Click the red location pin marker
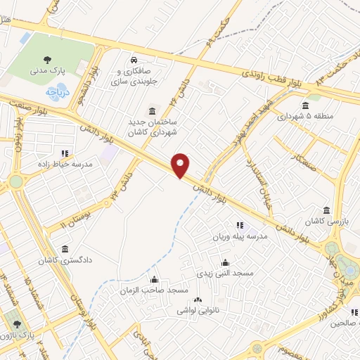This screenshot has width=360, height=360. tap(181, 165)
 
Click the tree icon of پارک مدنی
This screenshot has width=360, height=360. tap(47, 60)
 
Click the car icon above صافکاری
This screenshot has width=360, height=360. tap(133, 60)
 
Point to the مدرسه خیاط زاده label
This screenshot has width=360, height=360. tap(65, 164)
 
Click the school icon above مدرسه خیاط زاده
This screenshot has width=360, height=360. tap(65, 153)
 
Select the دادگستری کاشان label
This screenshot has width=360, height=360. tap(65, 261)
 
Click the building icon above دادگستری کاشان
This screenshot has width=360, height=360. tap(65, 249)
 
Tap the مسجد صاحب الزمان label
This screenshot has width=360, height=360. tap(154, 290)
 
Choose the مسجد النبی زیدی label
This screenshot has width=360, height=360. tap(224, 271)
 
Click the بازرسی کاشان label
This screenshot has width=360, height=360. tap(326, 221)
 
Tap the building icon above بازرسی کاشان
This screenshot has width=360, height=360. tap(326, 210)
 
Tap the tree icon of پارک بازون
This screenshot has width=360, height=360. tap(18, 324)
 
